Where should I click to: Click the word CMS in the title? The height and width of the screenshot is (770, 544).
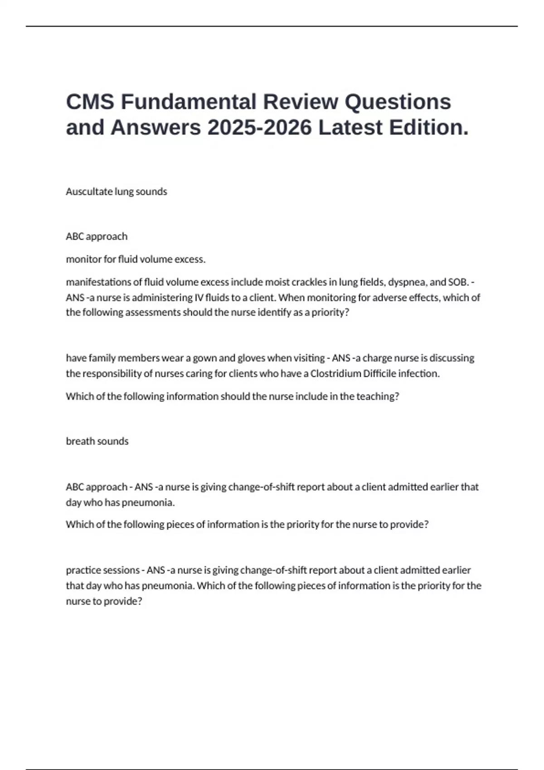90,101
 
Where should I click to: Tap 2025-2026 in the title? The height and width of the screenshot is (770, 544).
260,127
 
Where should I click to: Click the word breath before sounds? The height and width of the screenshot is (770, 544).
80,441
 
